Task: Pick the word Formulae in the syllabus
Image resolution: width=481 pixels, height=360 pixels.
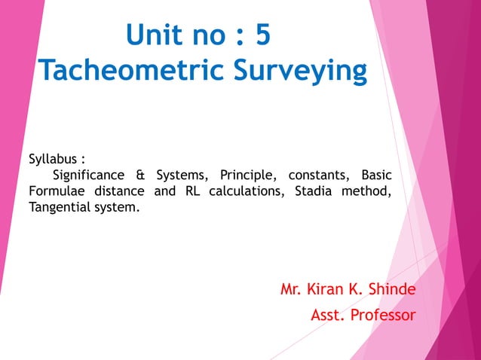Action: (x=58, y=191)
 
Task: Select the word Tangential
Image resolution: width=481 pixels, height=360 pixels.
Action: (x=62, y=206)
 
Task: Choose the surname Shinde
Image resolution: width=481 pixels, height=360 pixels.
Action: (x=391, y=289)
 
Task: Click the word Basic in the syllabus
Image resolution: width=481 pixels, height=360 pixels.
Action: (x=377, y=175)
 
